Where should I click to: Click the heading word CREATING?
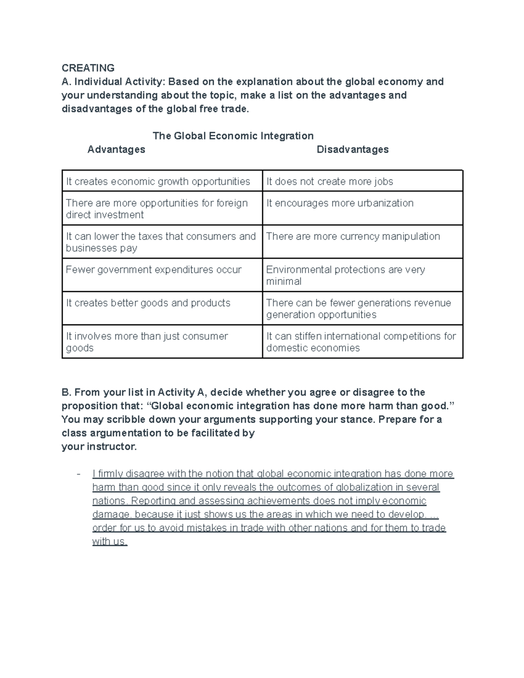point(88,68)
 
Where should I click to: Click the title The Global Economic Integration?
point(233,136)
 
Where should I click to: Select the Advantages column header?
point(116,150)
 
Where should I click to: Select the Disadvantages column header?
point(352,150)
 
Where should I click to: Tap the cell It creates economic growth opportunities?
point(158,182)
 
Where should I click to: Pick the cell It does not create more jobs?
point(330,182)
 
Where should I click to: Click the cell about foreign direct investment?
point(157,209)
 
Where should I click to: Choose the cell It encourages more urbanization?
point(340,203)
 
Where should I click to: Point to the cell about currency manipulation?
point(353,236)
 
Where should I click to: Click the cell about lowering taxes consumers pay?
point(161,242)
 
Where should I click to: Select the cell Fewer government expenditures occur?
point(153,270)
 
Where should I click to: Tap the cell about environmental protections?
point(345,275)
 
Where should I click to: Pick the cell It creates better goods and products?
point(148,303)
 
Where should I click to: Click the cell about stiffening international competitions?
point(361,342)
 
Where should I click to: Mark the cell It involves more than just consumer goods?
point(147,342)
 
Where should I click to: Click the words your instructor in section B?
point(99,447)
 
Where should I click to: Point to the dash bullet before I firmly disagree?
point(79,474)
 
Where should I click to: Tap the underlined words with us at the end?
point(109,542)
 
